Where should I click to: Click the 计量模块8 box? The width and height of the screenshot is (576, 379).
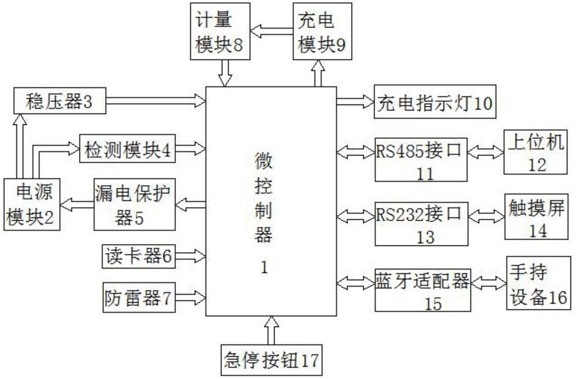(220, 31)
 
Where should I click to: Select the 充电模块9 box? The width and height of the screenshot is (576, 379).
(322, 31)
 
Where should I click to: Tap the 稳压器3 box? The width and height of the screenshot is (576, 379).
(60, 101)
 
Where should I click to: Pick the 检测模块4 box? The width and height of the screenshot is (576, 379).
(127, 149)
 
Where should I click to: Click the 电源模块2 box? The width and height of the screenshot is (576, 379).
(32, 205)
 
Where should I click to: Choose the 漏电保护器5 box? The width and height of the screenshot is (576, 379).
(135, 205)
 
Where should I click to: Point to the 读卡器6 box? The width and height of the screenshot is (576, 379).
(139, 256)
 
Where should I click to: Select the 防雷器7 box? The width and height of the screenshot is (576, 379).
(139, 298)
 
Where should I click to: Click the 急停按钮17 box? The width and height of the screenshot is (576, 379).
(271, 360)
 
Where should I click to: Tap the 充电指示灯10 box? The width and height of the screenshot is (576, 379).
(435, 102)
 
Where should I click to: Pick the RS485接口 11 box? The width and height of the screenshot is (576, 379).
(421, 160)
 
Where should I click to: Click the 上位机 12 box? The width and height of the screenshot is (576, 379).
(535, 152)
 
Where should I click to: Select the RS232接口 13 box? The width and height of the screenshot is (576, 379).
(421, 224)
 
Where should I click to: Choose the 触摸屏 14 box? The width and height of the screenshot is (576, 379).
(537, 217)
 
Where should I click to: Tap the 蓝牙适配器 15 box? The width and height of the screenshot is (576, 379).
(423, 290)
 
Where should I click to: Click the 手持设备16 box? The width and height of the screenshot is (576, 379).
(538, 283)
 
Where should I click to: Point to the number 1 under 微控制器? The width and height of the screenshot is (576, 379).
(265, 267)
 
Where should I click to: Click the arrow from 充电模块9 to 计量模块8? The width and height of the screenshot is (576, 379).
(272, 31)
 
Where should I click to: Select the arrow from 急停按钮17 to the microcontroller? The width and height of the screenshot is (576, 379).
(272, 330)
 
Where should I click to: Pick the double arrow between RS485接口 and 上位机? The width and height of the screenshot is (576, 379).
(486, 152)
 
